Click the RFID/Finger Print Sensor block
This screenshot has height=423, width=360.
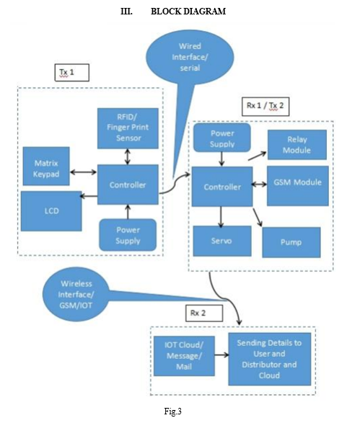click(128, 128)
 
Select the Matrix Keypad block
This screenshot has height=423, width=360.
click(46, 166)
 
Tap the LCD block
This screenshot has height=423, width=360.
click(51, 211)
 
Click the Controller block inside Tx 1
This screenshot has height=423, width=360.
click(128, 184)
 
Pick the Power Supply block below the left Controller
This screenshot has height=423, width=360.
click(128, 235)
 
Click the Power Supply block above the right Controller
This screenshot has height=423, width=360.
click(222, 138)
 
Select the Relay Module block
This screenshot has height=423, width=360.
click(297, 145)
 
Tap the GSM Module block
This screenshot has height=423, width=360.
click(298, 186)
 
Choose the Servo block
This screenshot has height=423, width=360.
click(222, 241)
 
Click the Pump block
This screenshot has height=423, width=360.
click(291, 242)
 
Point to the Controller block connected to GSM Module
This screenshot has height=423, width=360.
click(222, 187)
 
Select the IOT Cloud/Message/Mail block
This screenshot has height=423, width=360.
click(184, 356)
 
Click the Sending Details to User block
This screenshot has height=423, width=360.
click(270, 359)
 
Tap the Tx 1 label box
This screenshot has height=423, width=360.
click(72, 73)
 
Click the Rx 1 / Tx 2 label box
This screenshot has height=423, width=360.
click(265, 107)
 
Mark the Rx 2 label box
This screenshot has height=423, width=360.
click(204, 313)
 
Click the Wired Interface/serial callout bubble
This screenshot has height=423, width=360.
click(190, 57)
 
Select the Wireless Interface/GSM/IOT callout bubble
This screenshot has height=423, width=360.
click(76, 294)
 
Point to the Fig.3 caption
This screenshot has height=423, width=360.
click(173, 411)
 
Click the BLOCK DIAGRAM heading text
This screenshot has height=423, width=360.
click(188, 12)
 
